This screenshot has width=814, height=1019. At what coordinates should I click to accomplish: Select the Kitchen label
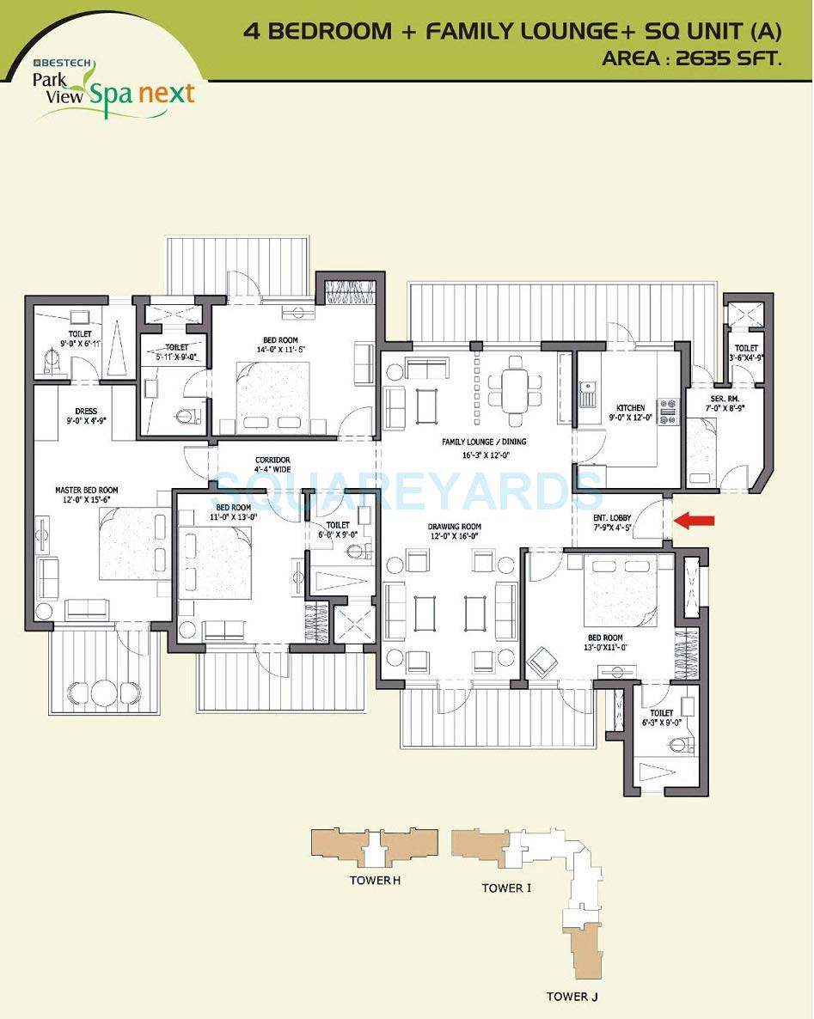[x=630, y=408]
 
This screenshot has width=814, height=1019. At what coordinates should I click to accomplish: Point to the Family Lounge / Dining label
[x=484, y=442]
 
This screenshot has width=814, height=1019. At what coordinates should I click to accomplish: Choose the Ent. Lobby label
[x=612, y=518]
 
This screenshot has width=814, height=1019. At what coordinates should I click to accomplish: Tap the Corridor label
[x=272, y=460]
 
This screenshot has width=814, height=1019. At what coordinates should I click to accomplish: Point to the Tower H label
[x=376, y=881]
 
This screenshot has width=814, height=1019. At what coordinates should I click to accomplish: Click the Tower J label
[x=572, y=997]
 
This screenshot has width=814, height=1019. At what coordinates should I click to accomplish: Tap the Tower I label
[x=506, y=888]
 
